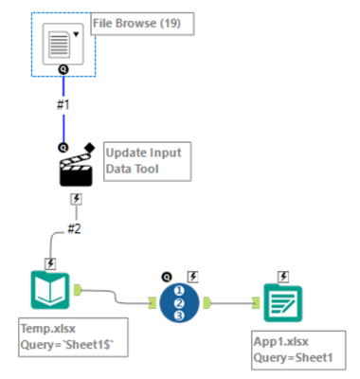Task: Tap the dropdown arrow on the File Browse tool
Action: coord(76,32)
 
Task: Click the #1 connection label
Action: coord(63,105)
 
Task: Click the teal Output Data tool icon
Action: coord(281,303)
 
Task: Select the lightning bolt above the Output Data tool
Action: coord(281,276)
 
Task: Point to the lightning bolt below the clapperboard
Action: coord(74,200)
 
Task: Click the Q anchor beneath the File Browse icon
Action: coord(63,70)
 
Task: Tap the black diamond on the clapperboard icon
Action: coord(91,147)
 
